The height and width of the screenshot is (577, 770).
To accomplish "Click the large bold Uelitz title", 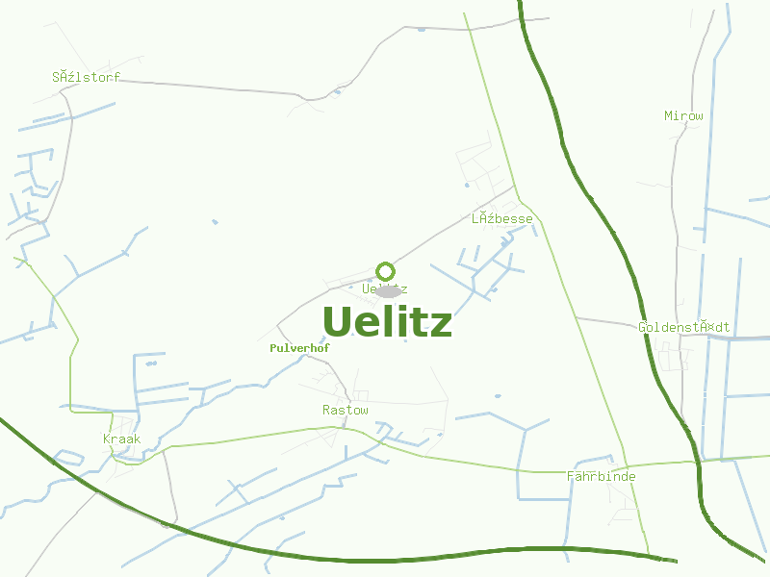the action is (x=387, y=322).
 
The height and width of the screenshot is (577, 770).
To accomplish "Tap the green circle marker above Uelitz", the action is (x=386, y=271).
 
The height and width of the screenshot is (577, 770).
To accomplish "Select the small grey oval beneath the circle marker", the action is (x=387, y=291).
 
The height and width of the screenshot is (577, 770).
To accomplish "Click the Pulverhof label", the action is (x=300, y=348).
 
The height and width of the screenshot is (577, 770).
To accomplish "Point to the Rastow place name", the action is (x=346, y=411).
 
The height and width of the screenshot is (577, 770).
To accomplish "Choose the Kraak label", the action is (x=122, y=439).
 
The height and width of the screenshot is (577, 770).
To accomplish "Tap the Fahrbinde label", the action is (x=602, y=477).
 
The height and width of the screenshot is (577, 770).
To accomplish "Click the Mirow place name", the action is (x=684, y=116).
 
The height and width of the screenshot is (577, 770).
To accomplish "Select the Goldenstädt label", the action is (x=684, y=328).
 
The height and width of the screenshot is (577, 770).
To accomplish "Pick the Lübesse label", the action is (x=502, y=219).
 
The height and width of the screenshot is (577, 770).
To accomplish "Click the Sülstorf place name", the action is (x=87, y=78).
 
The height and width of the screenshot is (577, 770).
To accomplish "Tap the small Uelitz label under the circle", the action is (x=385, y=288).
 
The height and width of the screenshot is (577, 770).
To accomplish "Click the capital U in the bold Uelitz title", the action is (x=337, y=322).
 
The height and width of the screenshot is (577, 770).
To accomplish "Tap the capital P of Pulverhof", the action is (x=275, y=348).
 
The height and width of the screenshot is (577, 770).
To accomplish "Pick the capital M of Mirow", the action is (x=669, y=116).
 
